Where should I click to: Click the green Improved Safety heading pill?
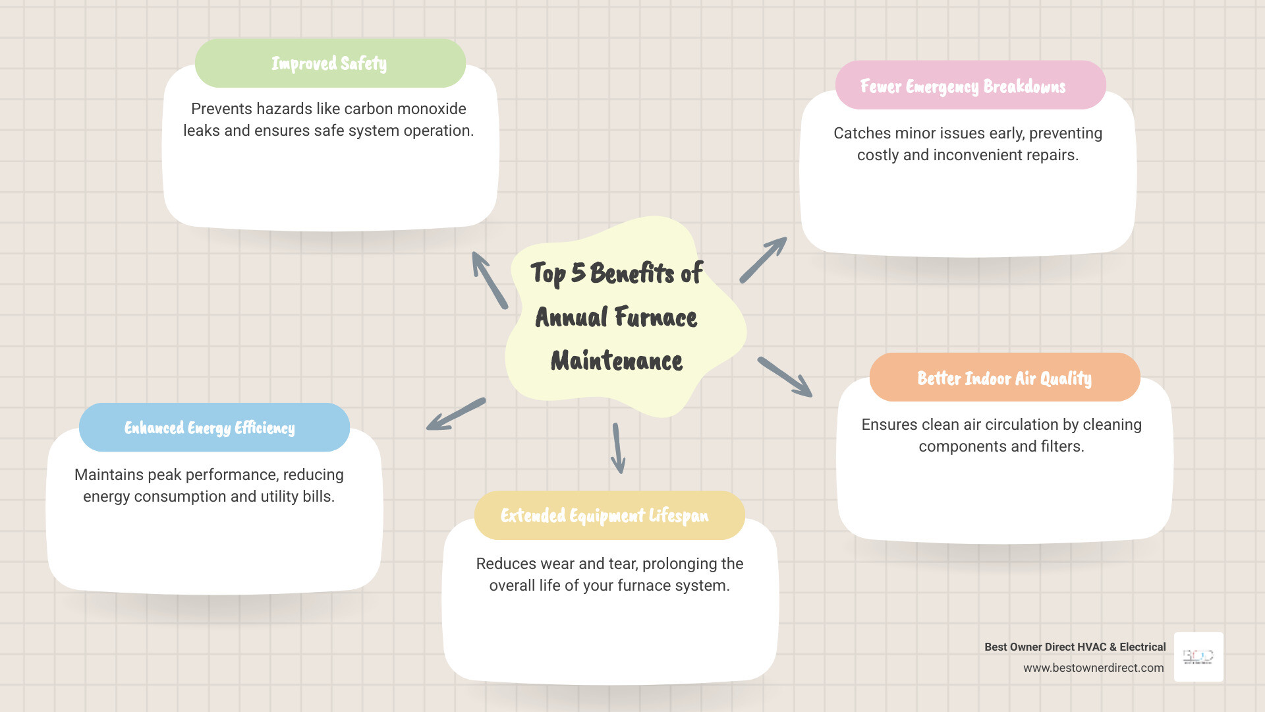(329, 63)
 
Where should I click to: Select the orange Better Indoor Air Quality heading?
(1004, 378)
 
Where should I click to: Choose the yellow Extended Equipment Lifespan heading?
(605, 516)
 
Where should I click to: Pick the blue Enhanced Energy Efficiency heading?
(210, 428)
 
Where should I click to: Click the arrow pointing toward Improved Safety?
(489, 280)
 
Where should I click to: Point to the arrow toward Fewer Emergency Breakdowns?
(764, 260)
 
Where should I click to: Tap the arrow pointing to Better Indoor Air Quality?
(785, 377)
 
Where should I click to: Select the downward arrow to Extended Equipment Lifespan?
(617, 448)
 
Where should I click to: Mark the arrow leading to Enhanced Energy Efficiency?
(456, 414)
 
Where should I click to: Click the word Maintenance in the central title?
(617, 361)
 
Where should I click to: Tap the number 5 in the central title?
(578, 272)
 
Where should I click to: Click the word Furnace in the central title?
(656, 317)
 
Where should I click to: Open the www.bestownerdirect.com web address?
(1093, 668)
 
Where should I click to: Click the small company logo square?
(1198, 657)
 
